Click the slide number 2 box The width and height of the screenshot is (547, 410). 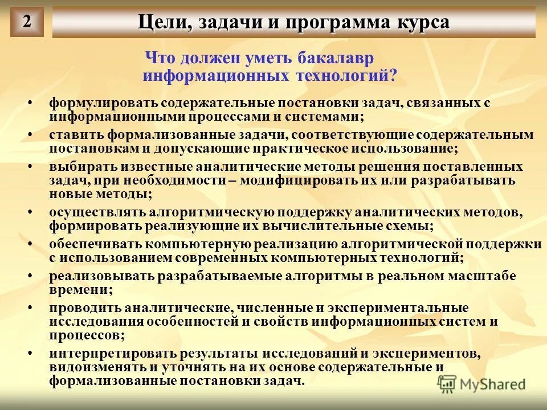point(26,22)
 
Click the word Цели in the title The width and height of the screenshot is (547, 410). point(158,23)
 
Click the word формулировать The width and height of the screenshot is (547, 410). point(103,104)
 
